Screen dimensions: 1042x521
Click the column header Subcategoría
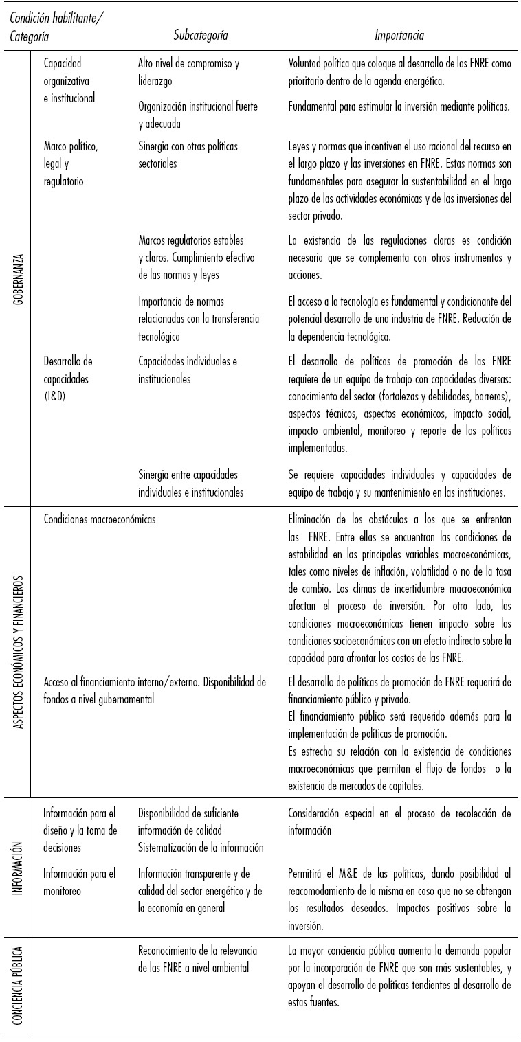200,35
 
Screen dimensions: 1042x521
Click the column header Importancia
399,35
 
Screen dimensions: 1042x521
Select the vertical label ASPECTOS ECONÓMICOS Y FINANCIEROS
19,652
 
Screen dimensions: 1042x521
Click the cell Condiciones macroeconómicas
99,519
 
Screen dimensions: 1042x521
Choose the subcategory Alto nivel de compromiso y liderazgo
188,72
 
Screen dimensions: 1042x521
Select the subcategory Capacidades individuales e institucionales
187,370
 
